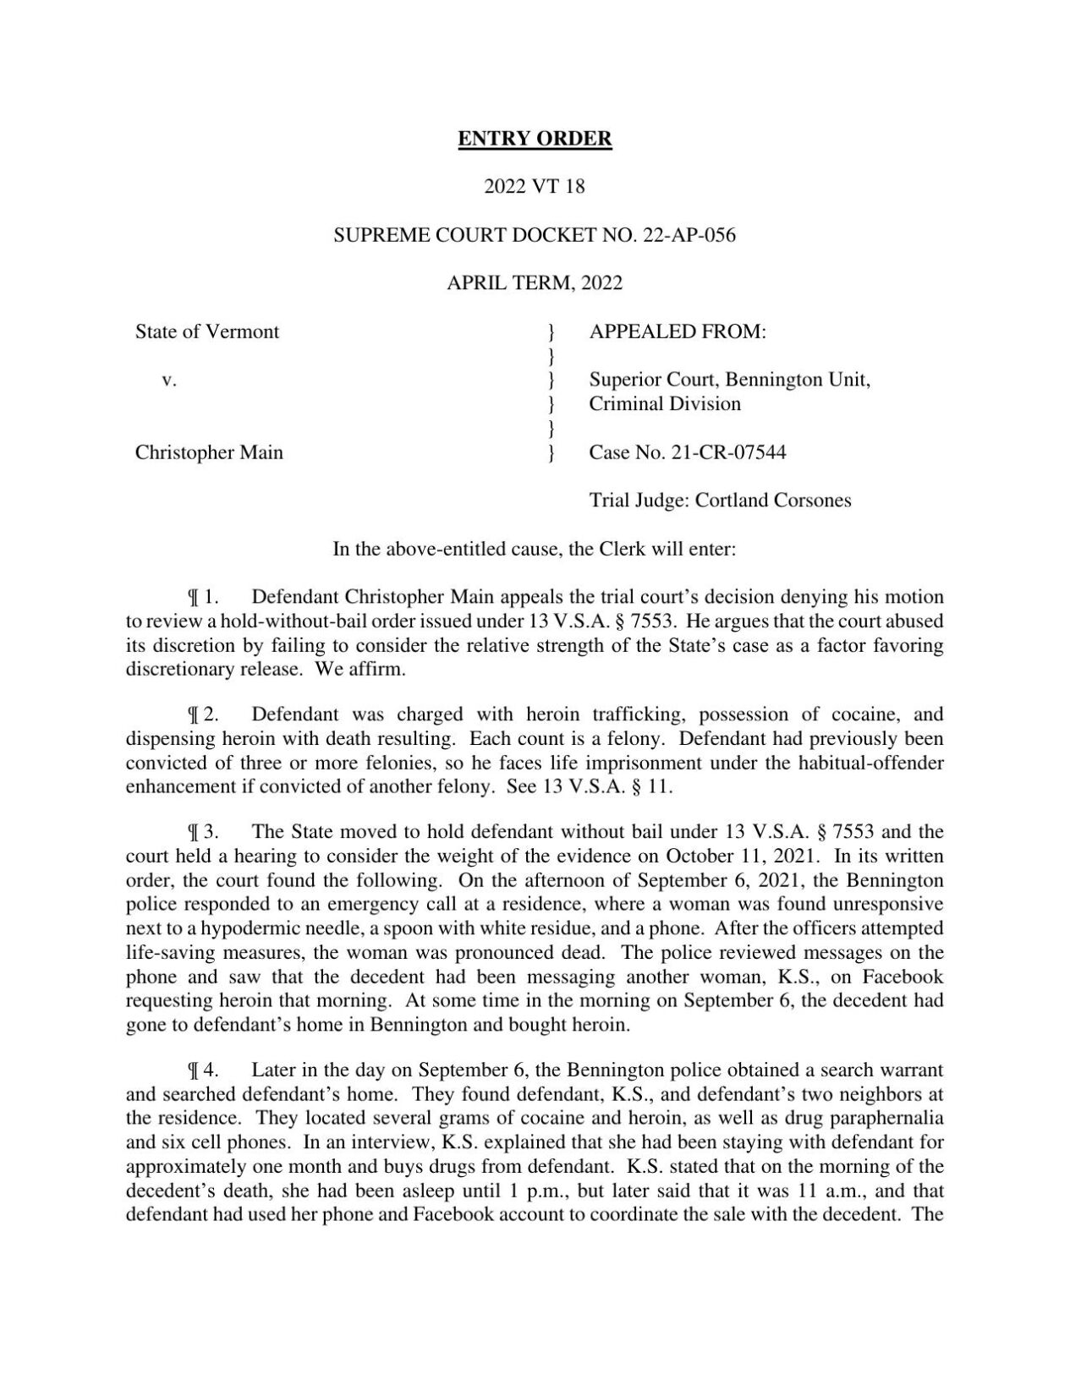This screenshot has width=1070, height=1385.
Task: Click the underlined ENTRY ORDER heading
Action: point(535,138)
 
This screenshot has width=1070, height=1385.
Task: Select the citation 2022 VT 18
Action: point(535,186)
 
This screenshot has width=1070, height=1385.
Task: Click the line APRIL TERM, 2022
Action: point(535,283)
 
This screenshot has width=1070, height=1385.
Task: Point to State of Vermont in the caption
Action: point(207,331)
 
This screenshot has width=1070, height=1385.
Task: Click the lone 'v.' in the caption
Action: point(169,380)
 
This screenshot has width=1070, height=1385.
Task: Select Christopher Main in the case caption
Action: point(209,452)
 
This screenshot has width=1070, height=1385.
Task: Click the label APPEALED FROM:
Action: point(678,331)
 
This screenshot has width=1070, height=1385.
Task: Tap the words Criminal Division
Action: point(665,404)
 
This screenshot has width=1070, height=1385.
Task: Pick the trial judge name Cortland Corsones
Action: point(773,501)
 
